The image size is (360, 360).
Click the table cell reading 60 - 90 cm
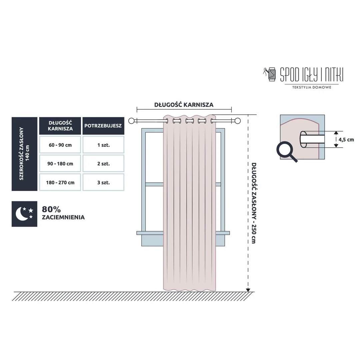pos(60,145)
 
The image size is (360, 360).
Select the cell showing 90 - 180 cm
pos(60,163)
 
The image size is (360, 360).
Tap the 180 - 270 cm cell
pos(60,182)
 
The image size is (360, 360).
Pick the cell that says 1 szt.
pos(103,145)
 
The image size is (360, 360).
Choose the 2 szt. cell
pos(103,163)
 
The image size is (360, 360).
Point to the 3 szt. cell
pos(103,182)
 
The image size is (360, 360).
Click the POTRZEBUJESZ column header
pos(103,126)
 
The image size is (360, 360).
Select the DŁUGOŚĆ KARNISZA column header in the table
pos(60,126)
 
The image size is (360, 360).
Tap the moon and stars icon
pos(24,214)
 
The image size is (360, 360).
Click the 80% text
pos(51,209)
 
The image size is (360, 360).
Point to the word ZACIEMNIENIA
pos(63,217)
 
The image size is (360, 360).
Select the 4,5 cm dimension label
pos(346,139)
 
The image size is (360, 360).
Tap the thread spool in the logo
pos(272,74)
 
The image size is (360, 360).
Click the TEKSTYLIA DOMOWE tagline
pos(312,87)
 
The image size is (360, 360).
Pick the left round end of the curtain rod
pos(131,121)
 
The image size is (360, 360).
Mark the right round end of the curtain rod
pos(238,121)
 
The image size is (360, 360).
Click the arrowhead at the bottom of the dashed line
pos(248,290)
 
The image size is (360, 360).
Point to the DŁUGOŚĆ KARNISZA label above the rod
pos(184,105)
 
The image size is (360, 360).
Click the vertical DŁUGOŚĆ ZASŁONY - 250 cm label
pos(254,203)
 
